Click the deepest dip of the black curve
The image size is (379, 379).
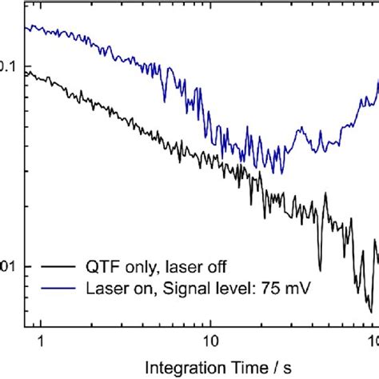[369, 311]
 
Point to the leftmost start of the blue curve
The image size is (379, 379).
[26, 27]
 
